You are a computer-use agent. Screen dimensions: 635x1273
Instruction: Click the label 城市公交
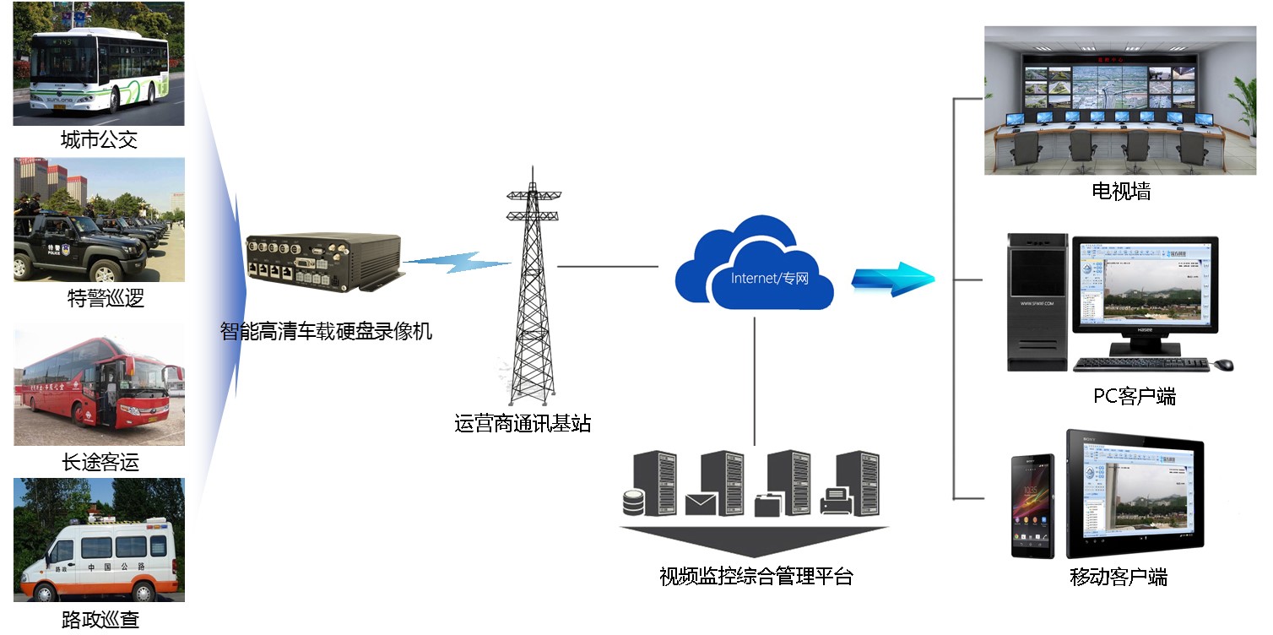click(99, 140)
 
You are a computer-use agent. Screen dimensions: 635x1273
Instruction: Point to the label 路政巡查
click(100, 620)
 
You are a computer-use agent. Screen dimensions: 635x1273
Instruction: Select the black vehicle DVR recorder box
click(322, 267)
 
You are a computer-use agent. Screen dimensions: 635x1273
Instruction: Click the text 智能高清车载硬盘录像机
click(326, 331)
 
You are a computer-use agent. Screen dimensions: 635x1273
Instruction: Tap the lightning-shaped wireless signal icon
click(456, 263)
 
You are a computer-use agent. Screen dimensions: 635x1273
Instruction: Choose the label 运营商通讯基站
click(523, 423)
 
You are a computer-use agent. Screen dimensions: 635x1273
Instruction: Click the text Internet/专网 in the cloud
click(769, 278)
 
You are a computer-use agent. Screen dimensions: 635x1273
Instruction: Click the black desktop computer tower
click(1037, 304)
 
